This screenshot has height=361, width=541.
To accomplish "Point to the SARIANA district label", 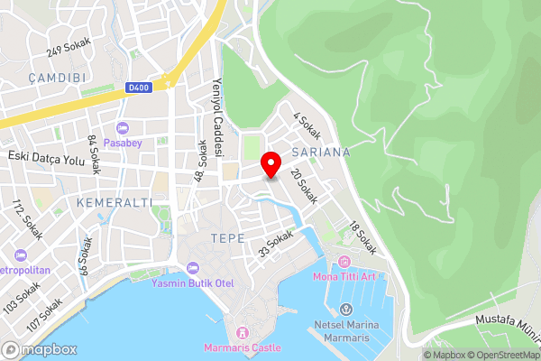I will [320, 153].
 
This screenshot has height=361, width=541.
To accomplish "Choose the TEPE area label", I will [227, 238].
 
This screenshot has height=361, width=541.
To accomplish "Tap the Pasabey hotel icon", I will [123, 127].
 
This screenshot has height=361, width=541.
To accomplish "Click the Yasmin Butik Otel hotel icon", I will [193, 268].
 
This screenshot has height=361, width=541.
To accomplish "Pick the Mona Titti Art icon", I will [343, 262].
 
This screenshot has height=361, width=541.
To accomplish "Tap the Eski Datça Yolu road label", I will [46, 157].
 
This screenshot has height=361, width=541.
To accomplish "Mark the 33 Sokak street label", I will [276, 244].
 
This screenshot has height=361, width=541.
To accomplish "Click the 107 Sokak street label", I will [45, 312].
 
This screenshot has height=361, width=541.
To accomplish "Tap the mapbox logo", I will [40, 349].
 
